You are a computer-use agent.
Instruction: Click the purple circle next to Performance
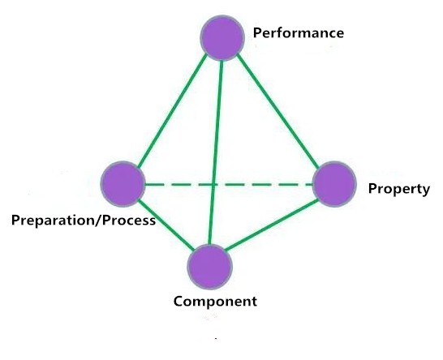(222, 38)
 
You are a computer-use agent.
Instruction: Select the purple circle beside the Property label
(334, 184)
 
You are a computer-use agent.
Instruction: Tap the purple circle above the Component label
(210, 267)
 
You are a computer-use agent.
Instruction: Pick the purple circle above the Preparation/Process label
(123, 184)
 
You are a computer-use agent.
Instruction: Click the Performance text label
(299, 33)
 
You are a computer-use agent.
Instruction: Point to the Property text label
(399, 189)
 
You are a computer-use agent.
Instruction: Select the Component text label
(215, 302)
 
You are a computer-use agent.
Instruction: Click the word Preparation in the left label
(54, 221)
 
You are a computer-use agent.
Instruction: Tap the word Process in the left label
(129, 221)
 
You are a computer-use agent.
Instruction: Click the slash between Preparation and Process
(99, 221)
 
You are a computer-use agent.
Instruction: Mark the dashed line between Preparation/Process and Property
(229, 185)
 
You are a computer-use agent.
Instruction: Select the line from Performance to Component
(215, 152)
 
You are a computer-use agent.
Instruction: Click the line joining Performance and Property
(277, 111)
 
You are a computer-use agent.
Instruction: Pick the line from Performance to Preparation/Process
(172, 110)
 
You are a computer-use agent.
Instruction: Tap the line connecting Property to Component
(272, 225)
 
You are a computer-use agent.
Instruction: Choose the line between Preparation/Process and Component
(166, 225)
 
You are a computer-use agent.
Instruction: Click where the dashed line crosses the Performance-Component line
(214, 185)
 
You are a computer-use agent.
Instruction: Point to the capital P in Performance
(257, 32)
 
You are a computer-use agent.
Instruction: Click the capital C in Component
(178, 302)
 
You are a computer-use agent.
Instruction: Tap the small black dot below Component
(216, 338)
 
